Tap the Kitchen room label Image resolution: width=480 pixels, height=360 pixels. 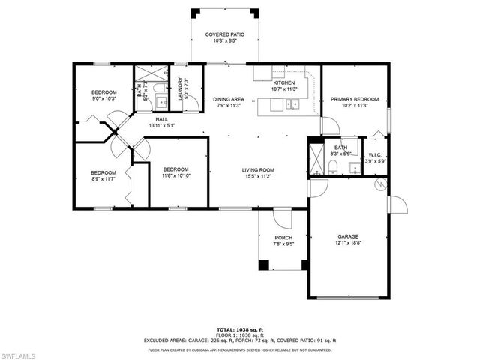[x=283, y=82]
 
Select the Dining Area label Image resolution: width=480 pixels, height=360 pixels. [x=228, y=99]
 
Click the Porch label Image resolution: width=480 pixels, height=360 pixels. [x=283, y=237]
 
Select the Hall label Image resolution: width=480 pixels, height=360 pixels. [x=162, y=119]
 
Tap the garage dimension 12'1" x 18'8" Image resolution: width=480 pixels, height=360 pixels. [x=347, y=242]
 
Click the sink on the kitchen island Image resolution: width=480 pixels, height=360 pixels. [x=292, y=106]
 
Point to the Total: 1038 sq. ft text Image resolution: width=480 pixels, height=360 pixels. [x=240, y=329]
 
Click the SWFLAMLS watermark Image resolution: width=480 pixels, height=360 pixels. [x=21, y=352]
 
